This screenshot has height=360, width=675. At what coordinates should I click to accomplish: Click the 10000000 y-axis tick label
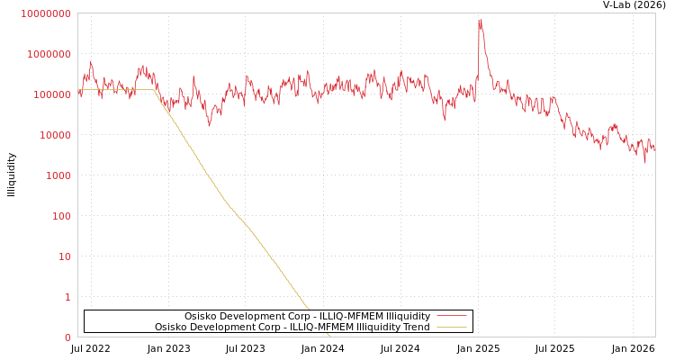click(x=45, y=13)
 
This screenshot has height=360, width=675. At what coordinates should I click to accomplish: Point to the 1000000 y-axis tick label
click(x=49, y=54)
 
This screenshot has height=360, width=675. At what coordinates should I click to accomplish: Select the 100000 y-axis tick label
click(x=51, y=94)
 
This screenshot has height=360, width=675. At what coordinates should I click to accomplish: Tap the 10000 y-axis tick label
click(x=54, y=135)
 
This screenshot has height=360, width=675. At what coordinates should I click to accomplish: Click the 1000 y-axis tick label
click(x=58, y=175)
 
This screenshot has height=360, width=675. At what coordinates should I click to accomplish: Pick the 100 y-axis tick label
click(x=60, y=216)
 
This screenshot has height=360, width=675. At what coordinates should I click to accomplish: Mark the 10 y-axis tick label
click(x=64, y=256)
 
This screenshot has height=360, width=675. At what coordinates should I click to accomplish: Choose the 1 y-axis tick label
click(x=67, y=297)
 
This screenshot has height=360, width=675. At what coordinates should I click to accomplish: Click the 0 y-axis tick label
click(x=67, y=337)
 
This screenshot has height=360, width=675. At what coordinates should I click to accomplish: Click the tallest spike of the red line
click(x=480, y=21)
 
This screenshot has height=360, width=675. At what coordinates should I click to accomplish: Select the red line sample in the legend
click(x=451, y=316)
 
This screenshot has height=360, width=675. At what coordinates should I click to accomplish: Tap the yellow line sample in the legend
click(x=451, y=327)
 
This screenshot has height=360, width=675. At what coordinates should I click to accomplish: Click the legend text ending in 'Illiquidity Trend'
click(x=292, y=327)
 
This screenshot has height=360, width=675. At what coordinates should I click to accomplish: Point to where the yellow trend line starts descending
click(x=156, y=90)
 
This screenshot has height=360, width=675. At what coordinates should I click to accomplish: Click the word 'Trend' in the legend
click(x=415, y=327)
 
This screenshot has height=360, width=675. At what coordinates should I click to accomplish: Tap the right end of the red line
click(x=654, y=149)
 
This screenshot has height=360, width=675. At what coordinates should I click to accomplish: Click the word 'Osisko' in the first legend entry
click(x=202, y=316)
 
